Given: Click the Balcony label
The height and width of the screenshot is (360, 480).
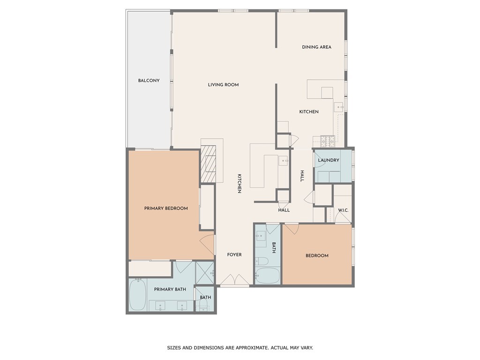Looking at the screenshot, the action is (149, 81).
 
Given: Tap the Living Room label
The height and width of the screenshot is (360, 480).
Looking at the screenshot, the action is (223, 85).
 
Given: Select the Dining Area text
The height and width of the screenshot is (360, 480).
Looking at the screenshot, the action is (316, 47).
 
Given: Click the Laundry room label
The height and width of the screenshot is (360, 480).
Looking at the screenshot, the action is (329, 160).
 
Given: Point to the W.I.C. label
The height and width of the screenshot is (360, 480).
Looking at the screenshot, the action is (343, 210).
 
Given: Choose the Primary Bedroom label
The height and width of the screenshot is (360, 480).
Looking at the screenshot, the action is (166, 209).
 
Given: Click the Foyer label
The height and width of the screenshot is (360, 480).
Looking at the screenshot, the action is (234, 255).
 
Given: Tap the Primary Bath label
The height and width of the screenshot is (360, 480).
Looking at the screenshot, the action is (170, 289).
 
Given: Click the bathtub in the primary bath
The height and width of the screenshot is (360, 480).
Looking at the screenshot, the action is (137, 295).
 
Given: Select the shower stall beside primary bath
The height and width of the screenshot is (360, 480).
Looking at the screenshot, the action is (204, 273).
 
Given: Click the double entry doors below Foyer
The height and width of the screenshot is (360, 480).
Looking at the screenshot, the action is (235, 280).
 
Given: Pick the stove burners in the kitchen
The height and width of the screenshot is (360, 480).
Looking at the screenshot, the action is (328, 141).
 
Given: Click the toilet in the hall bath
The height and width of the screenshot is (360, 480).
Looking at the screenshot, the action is (262, 261).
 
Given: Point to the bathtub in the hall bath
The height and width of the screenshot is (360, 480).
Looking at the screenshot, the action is (268, 276).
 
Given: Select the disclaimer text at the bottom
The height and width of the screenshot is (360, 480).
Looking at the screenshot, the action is (240, 348).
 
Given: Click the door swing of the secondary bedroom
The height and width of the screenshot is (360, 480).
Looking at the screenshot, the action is (292, 229).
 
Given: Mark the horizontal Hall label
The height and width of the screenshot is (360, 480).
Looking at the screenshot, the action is (284, 210).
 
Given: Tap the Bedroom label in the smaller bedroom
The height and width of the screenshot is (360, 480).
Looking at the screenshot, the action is (317, 255).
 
